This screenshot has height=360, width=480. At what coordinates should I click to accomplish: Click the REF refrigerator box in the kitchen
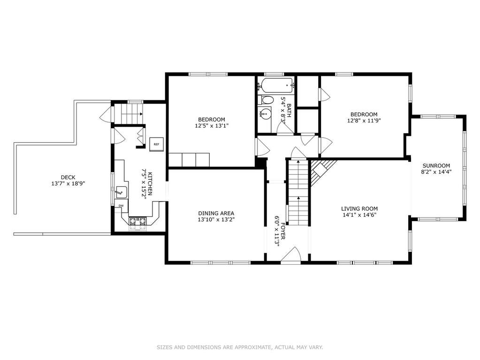(156, 144)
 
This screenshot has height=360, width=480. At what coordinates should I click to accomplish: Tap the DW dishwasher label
(121, 206)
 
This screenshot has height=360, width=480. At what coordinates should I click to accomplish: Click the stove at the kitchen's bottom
(138, 224)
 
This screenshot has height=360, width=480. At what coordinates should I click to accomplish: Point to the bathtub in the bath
(275, 85)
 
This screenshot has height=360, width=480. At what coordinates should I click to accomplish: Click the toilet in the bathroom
(266, 100)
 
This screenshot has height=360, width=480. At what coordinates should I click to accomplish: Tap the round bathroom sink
(265, 114)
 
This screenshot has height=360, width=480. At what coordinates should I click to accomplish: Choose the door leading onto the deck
(107, 114)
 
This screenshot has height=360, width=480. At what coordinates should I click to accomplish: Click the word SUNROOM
(436, 166)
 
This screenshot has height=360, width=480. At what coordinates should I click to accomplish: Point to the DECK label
(68, 177)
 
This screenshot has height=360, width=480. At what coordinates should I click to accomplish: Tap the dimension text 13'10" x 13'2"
(216, 219)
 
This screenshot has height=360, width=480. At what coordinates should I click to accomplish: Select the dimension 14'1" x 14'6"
(359, 214)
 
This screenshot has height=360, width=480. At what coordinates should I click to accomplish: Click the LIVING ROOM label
(359, 209)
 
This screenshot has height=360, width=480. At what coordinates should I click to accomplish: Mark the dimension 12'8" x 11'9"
(364, 120)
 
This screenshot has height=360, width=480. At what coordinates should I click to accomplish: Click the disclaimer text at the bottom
(240, 347)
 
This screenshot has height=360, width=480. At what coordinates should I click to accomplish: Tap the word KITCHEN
(150, 184)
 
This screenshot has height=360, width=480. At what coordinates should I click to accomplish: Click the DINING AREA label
(216, 214)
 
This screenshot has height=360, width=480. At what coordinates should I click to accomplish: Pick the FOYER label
(283, 231)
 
